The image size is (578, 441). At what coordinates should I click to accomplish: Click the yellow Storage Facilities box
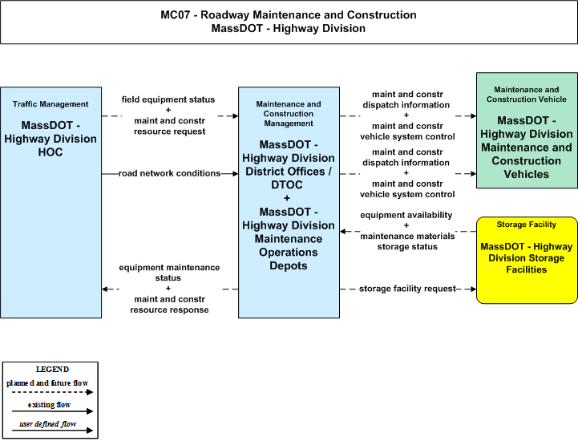coord(527,261)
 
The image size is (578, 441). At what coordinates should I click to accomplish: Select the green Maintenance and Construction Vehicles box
coord(527,131)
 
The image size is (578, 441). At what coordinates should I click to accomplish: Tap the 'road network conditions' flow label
coord(170,173)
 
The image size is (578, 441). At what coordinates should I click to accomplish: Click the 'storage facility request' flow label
coord(407,289)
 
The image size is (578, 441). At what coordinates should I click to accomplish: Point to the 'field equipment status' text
coord(168,99)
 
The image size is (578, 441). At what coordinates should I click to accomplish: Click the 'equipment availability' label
coord(406,215)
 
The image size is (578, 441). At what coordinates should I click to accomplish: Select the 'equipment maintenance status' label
coord(169,273)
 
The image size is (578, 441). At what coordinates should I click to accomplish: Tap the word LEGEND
coord(52,370)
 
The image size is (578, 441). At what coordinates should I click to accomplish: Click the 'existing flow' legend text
coord(49,405)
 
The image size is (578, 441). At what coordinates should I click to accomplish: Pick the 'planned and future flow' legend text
coord(47,383)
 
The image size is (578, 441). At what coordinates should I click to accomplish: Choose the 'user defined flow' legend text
coord(48,424)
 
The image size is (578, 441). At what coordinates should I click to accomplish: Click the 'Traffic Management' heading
coord(51,104)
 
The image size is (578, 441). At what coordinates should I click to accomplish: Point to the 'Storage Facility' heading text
coord(527,225)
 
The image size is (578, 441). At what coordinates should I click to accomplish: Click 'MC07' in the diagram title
coord(175,14)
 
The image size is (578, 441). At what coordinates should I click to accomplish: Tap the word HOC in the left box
coord(51,152)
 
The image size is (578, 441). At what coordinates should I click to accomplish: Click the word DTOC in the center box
coord(287,184)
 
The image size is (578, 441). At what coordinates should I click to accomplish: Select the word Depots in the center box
coord(289,265)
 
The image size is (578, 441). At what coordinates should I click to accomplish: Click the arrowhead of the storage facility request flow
coord(473,289)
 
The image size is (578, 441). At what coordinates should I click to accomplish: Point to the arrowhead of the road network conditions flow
coord(235,174)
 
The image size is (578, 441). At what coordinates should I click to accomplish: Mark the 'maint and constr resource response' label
coord(169,305)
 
